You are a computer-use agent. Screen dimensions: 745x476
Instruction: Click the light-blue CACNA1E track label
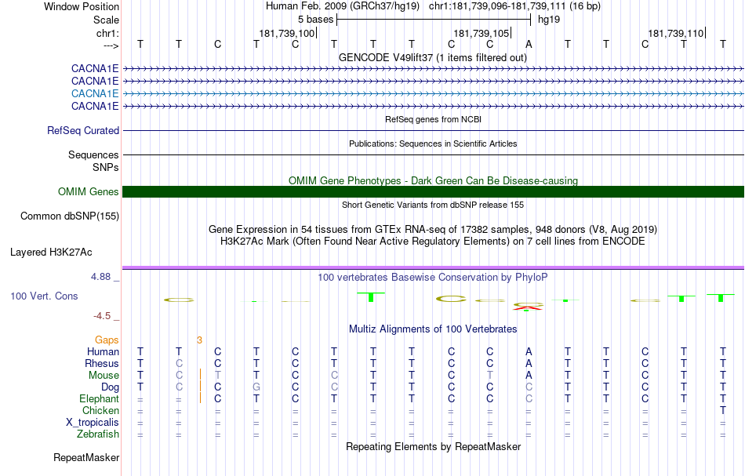pos(95,93)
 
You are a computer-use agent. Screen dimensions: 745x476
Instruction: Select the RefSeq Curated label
pos(83,131)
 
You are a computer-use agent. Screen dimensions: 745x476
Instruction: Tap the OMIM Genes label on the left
pos(89,191)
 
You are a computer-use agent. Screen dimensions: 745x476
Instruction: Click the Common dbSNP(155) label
pos(70,216)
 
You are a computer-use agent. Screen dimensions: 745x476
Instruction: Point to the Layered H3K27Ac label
pos(51,253)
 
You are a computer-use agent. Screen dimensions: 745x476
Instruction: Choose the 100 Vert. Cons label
pos(44,296)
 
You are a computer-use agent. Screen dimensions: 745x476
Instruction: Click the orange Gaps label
pos(107,340)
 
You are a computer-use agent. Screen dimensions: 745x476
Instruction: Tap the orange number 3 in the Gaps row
pos(199,340)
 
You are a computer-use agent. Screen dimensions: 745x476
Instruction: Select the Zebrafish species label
pos(98,434)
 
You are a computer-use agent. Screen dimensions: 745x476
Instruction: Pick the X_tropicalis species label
pos(93,423)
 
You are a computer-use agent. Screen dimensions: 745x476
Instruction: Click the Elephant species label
pos(100,398)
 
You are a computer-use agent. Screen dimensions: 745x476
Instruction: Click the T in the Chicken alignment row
pos(723,410)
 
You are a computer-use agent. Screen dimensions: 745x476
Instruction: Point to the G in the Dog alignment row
pos(256,387)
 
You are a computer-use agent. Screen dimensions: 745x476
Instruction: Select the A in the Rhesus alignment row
pos(529,363)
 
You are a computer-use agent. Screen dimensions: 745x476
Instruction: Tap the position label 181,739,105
pos(482,33)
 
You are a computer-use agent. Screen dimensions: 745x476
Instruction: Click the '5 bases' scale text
pos(315,20)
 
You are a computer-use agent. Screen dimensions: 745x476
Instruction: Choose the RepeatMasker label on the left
pos(86,457)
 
